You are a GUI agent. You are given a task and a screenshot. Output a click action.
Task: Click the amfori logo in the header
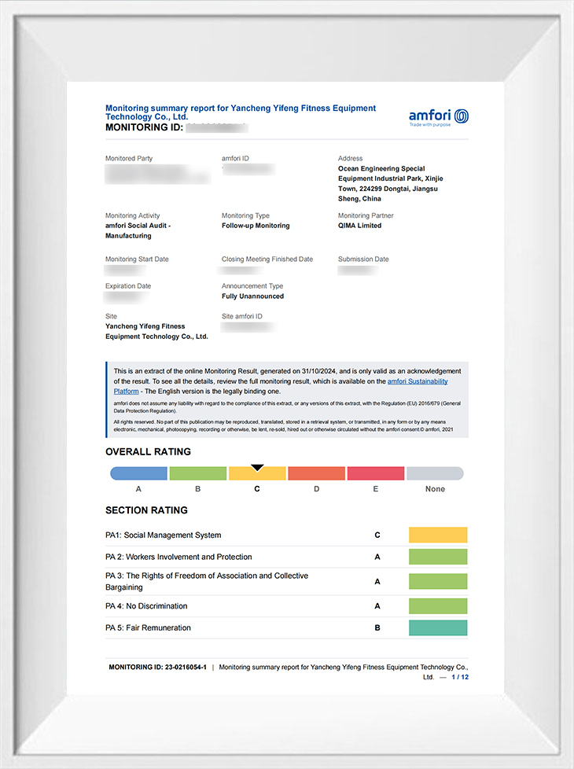pos(438,117)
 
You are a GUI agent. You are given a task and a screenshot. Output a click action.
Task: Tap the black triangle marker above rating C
pos(257,468)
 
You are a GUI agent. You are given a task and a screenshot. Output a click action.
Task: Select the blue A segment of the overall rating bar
pos(138,473)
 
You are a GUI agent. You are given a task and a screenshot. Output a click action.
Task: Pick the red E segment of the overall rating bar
pos(376,473)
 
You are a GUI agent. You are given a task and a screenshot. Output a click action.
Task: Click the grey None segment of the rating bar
pos(435,473)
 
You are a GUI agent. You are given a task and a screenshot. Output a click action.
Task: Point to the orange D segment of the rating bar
pos(316,473)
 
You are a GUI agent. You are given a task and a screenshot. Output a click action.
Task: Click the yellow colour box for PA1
pos(438,535)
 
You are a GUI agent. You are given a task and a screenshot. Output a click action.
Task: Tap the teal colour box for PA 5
pos(438,627)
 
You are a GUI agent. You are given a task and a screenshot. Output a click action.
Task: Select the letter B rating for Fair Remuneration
pos(377,627)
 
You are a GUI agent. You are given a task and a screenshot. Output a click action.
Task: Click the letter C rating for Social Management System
pos(377,535)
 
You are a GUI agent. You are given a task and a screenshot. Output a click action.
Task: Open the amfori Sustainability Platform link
pos(418,381)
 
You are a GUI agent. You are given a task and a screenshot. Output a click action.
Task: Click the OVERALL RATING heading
pos(148,451)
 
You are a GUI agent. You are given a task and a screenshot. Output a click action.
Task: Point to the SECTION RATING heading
pos(146,510)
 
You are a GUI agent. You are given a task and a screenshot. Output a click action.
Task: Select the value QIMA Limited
pos(359,226)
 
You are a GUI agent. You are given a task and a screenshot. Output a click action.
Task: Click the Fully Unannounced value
pos(252,296)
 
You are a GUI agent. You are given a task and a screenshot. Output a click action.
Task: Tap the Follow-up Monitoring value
pos(256,226)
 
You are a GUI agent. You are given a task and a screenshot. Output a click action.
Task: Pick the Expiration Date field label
pos(128,286)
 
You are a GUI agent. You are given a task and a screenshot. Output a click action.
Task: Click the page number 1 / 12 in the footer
pos(460,676)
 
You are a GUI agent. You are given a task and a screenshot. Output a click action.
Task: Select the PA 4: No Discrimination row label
pos(146,606)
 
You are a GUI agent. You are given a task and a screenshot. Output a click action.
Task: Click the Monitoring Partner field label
pos(366,215)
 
